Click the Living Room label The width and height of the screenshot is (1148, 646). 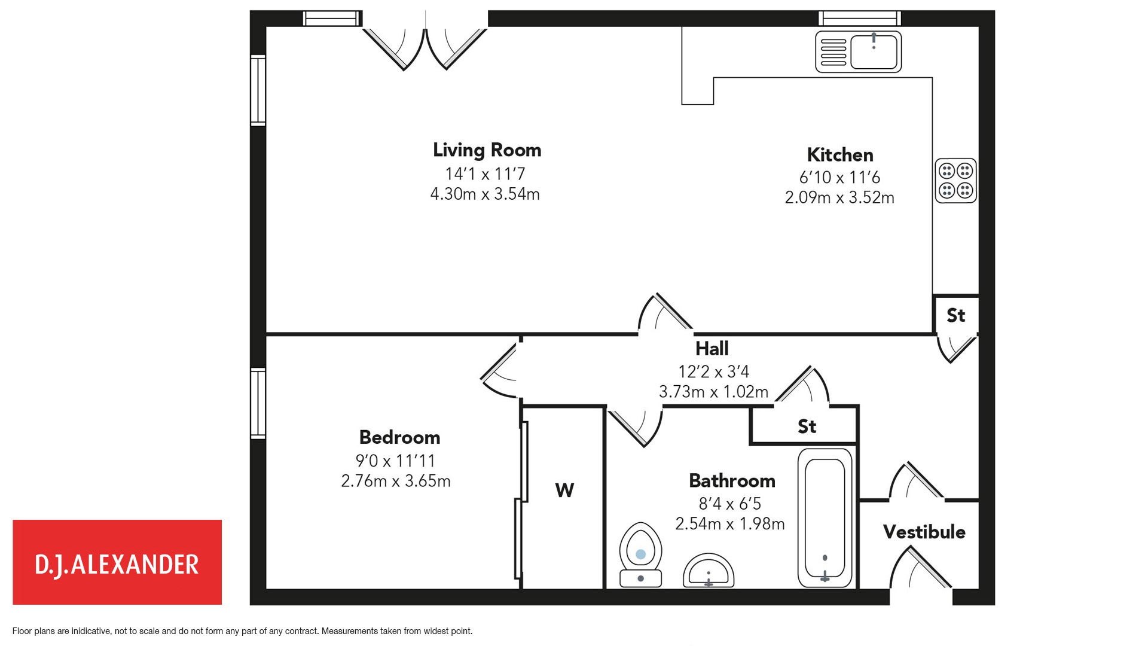(487, 150)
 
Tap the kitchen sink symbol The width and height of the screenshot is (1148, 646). (858, 52)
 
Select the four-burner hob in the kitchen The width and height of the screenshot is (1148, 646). (955, 181)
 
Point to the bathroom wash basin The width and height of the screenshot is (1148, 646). (709, 571)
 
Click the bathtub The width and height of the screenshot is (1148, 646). (825, 517)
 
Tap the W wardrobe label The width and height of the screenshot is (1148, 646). (564, 490)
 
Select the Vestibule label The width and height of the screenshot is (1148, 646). (924, 532)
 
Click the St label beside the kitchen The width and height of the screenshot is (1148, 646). (955, 315)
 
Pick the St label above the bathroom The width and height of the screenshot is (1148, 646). (807, 426)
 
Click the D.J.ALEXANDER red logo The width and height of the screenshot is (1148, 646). (117, 562)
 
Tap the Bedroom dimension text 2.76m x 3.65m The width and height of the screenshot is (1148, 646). (396, 481)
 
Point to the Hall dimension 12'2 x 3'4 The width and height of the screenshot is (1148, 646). (713, 371)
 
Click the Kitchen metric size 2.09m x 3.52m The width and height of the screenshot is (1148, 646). (839, 197)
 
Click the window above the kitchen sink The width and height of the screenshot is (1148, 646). (859, 18)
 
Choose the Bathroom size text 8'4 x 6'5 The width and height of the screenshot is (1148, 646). (729, 504)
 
